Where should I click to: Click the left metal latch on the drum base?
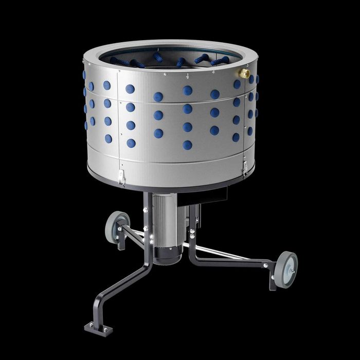(x=121, y=177)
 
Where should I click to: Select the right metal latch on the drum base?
(x=245, y=168)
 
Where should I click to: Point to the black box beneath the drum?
(x=217, y=194)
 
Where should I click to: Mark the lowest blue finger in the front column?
(x=188, y=145)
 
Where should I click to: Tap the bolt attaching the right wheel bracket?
(x=266, y=266)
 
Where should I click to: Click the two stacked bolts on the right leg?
(x=192, y=234)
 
